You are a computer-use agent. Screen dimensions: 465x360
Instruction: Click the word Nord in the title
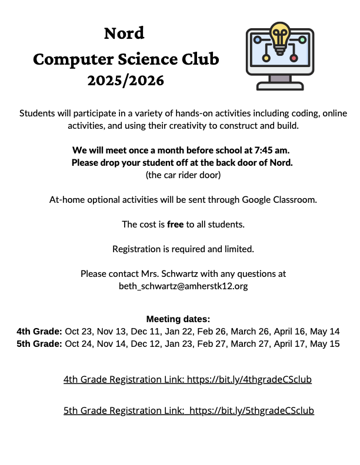click(124, 33)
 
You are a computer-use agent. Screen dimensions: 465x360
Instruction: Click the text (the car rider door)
click(183, 175)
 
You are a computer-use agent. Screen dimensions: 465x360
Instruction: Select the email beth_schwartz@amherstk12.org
click(183, 286)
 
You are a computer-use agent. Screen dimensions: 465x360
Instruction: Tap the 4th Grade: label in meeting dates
click(39, 332)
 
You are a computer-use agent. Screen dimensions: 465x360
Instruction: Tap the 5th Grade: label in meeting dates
click(39, 344)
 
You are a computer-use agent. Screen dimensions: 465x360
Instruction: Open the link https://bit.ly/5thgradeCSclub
click(252, 411)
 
